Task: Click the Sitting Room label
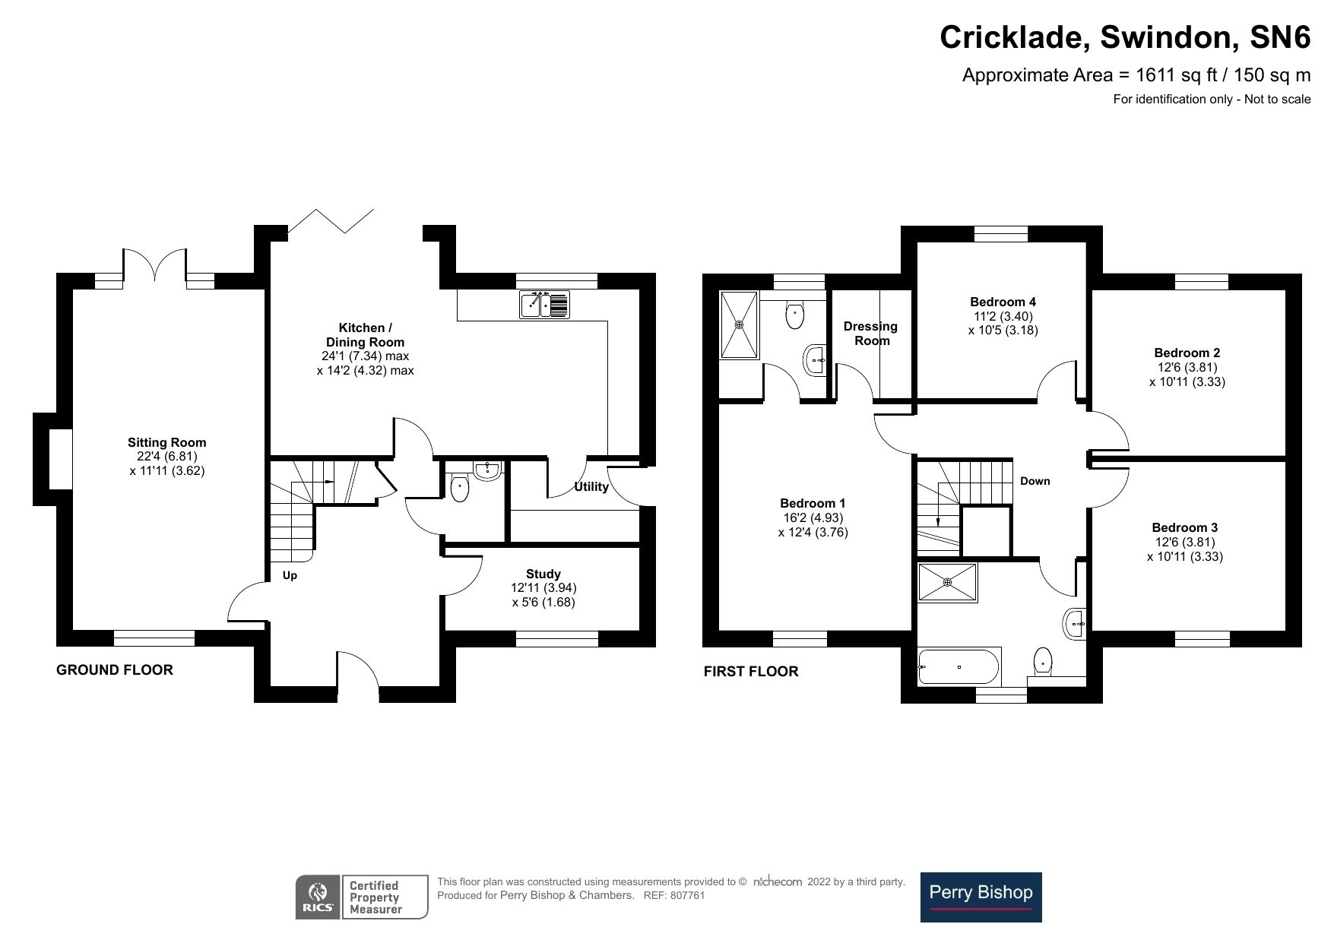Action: coord(166,442)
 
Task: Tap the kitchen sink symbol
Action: coord(543,304)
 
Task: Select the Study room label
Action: coord(543,574)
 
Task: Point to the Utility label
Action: coord(591,487)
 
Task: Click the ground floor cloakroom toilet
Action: coord(459,489)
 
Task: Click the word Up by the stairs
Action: coord(290,575)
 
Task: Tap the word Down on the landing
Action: coord(1035,481)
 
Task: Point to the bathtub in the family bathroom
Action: coord(959,666)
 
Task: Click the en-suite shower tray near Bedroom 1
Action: coord(739,324)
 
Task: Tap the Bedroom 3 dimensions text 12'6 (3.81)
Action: coord(1184,542)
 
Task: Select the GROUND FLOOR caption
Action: coord(115,669)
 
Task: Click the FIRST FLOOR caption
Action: coord(750,671)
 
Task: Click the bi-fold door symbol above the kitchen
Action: coord(331,220)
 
